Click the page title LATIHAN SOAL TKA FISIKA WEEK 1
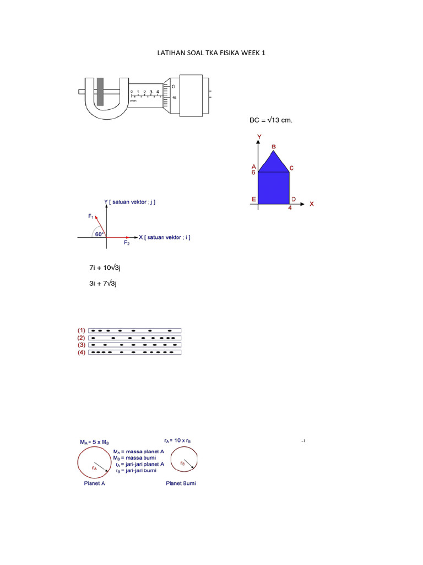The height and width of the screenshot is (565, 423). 211,53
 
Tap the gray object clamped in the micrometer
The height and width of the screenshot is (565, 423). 100,92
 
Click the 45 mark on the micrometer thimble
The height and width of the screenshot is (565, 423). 174,98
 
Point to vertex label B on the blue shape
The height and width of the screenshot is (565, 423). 274,146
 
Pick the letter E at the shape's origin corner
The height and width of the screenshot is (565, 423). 253,199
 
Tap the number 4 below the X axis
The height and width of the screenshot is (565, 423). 290,208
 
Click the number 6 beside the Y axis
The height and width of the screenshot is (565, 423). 253,173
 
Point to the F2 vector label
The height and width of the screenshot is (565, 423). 127,243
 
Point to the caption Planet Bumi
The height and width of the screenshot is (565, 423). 181,483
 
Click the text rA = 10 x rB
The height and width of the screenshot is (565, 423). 181,441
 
